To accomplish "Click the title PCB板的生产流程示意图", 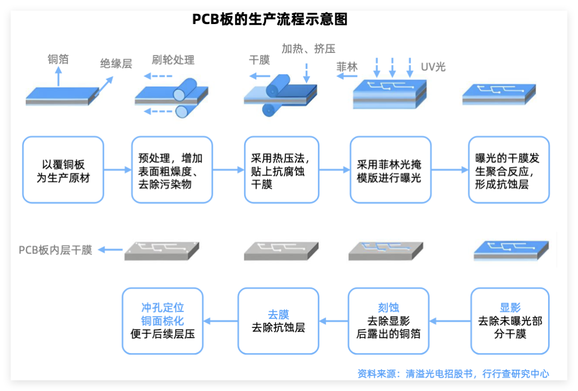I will [x=270, y=19].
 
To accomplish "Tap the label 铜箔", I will [x=58, y=59].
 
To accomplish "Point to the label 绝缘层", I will [x=116, y=64].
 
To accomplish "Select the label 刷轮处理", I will [x=173, y=60].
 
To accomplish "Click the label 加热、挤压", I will [x=308, y=49].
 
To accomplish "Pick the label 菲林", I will [x=347, y=67].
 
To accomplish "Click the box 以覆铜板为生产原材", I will [x=63, y=170].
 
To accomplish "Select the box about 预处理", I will [x=172, y=170].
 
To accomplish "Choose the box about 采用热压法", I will [x=282, y=170].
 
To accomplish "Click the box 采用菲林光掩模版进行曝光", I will [x=391, y=170].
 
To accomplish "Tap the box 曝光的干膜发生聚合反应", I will [x=508, y=170].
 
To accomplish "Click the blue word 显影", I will [x=510, y=308].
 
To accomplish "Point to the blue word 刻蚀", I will [x=389, y=308].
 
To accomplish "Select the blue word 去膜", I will [x=278, y=315].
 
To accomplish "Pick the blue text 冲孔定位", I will [x=163, y=308].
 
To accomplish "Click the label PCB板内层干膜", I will [x=56, y=250].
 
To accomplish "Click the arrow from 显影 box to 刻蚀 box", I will [x=450, y=321].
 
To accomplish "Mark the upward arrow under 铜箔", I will [x=59, y=79].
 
